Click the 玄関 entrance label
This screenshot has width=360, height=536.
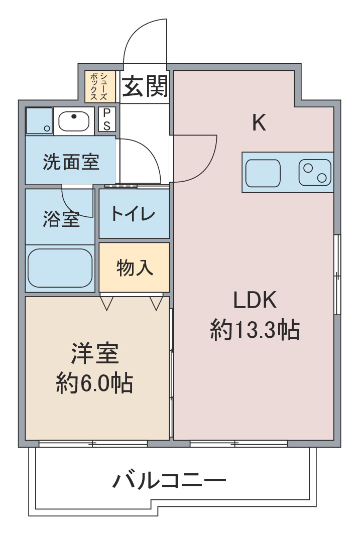click(x=145, y=86)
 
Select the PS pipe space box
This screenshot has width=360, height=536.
click(x=107, y=119)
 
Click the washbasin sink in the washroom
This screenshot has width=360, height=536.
click(x=74, y=121)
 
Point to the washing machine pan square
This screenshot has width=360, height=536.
click(x=39, y=121)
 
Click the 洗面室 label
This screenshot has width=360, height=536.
click(x=71, y=162)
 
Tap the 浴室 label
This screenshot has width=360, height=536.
click(x=61, y=219)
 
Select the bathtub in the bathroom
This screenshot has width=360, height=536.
click(x=60, y=268)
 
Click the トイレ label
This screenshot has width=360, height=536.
click(x=133, y=214)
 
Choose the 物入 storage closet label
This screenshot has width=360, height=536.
click(x=135, y=267)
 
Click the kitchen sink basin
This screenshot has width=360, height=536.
click(x=263, y=173)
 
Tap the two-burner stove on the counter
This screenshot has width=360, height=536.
click(x=315, y=173)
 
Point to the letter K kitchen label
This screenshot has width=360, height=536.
click(x=259, y=123)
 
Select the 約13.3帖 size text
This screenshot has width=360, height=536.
click(x=255, y=330)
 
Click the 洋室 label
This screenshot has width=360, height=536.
click(x=95, y=353)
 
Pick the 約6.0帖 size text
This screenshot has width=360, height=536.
click(x=94, y=383)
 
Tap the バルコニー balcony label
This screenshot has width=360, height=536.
click(x=169, y=480)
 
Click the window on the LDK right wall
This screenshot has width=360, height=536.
click(x=337, y=274)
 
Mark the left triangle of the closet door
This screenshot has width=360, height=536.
click(x=106, y=303)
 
